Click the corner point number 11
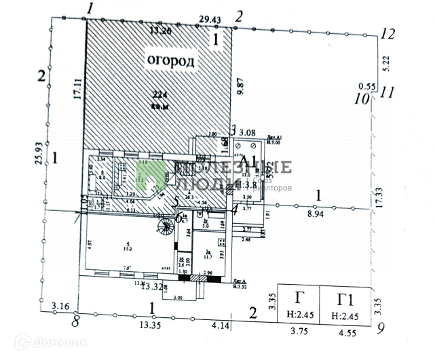[387, 91]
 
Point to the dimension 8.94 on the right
[315, 214]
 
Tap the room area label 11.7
[208, 256]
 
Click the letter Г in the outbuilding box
[299, 298]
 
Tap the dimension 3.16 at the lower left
[62, 306]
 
